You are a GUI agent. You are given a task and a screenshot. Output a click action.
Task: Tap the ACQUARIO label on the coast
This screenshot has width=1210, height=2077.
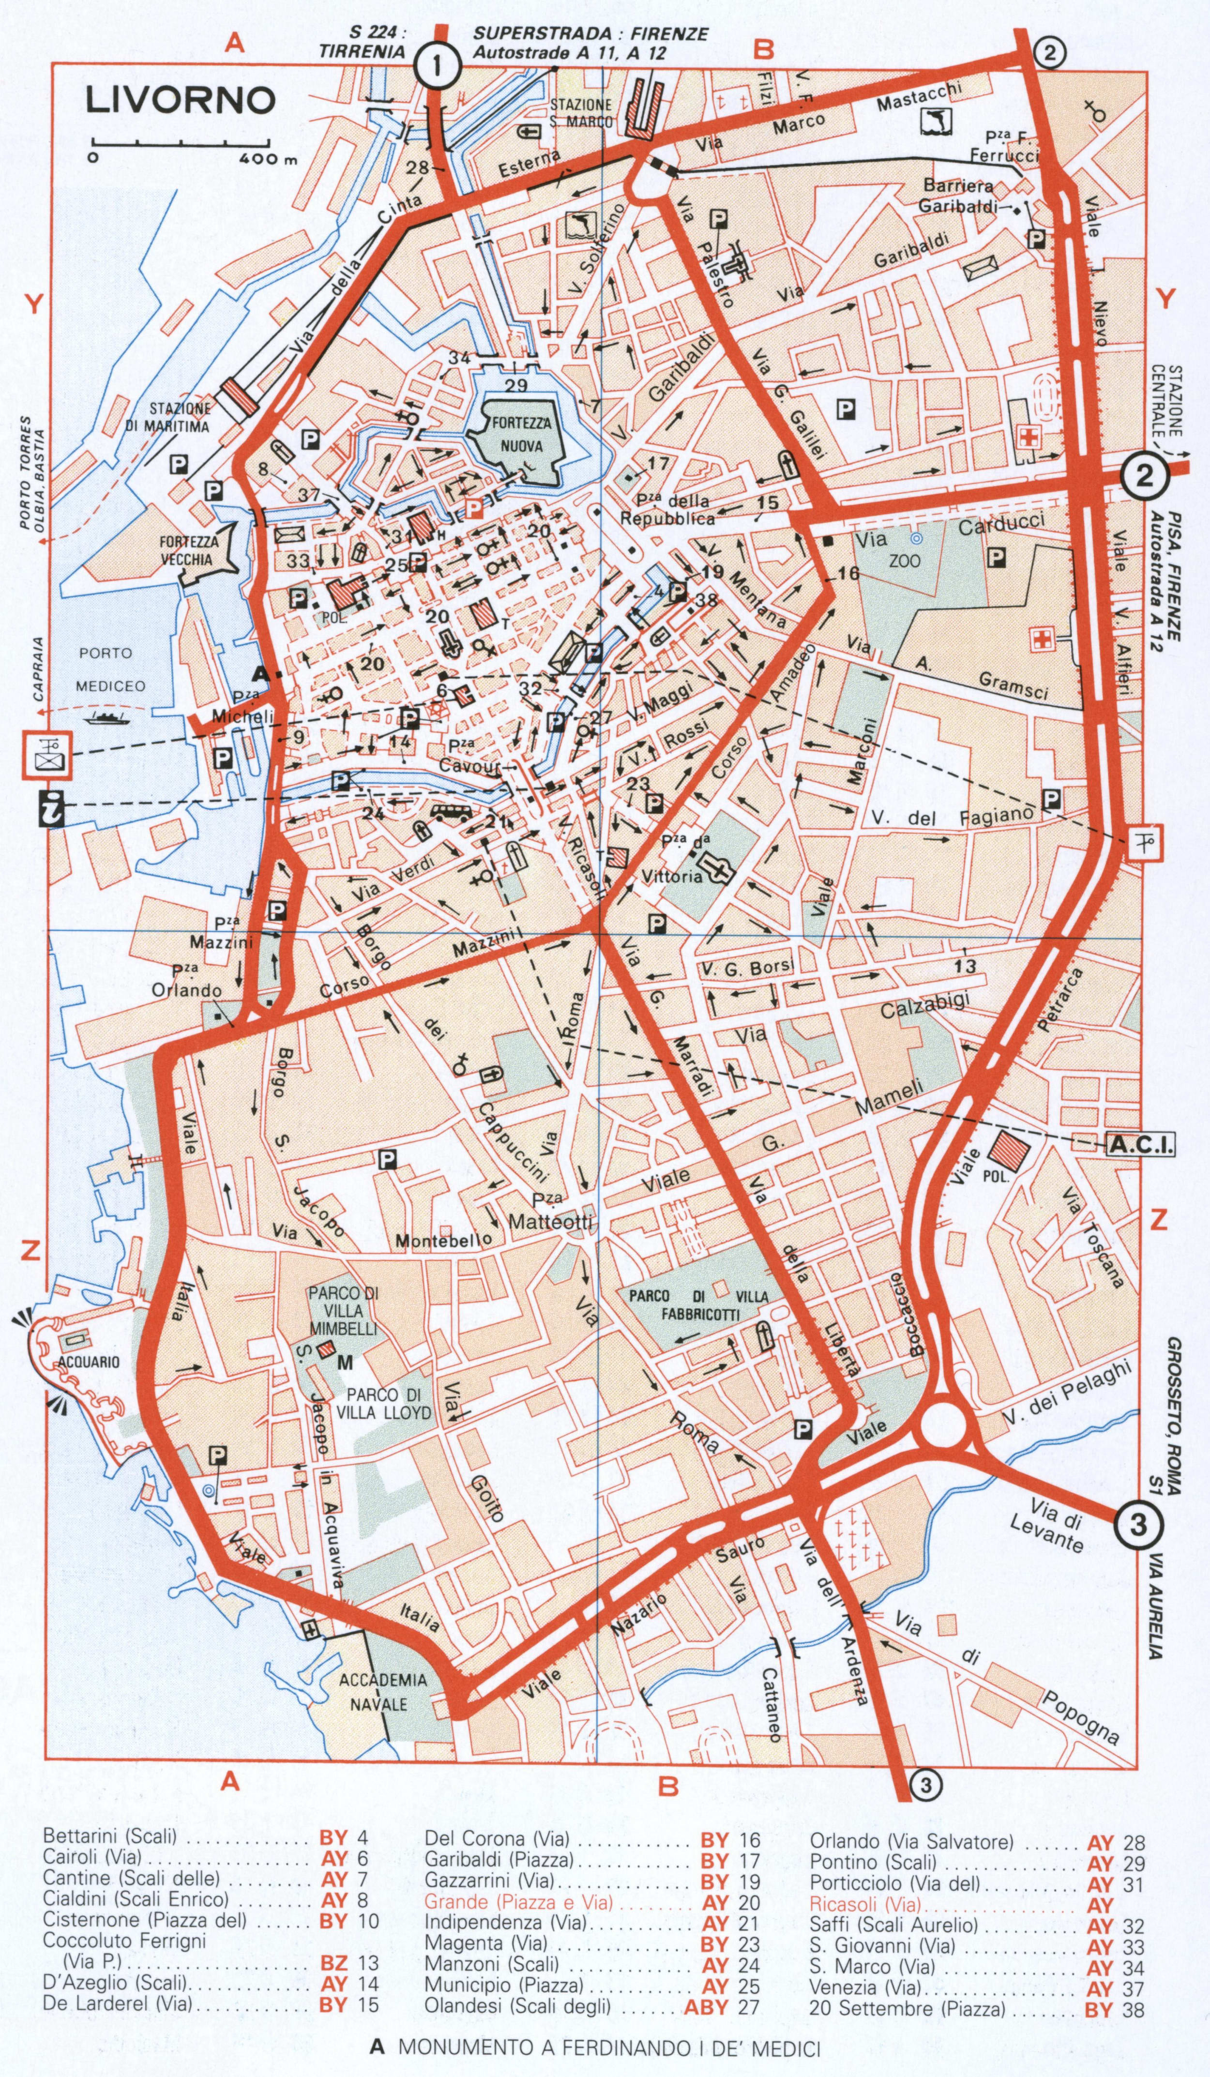tap(88, 1363)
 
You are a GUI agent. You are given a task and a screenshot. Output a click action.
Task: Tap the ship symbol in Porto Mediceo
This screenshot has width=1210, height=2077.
tap(106, 716)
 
